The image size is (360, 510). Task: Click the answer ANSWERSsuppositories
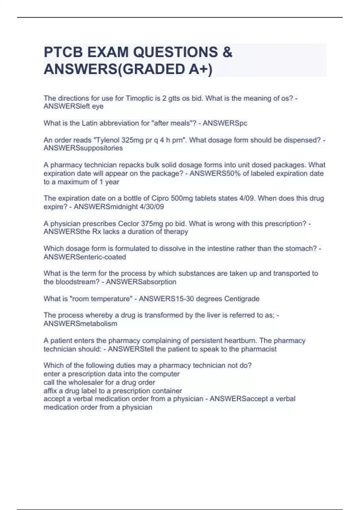point(83,148)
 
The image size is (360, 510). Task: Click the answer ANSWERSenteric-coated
point(85,257)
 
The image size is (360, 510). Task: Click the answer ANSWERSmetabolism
point(80,324)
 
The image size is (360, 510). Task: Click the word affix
point(50,391)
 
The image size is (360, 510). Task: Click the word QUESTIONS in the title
point(175,52)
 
